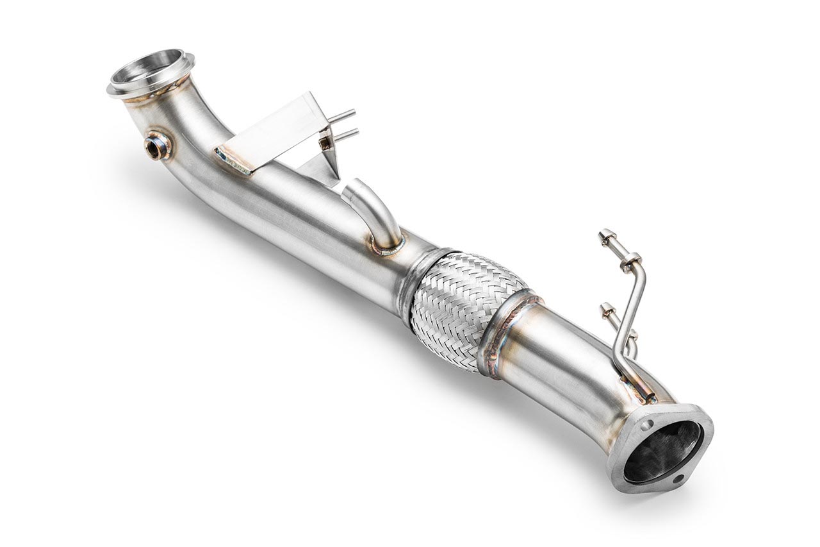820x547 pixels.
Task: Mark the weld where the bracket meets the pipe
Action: coord(233,160)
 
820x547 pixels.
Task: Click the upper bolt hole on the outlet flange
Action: coord(648,425)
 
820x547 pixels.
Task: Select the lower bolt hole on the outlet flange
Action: coord(678,478)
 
